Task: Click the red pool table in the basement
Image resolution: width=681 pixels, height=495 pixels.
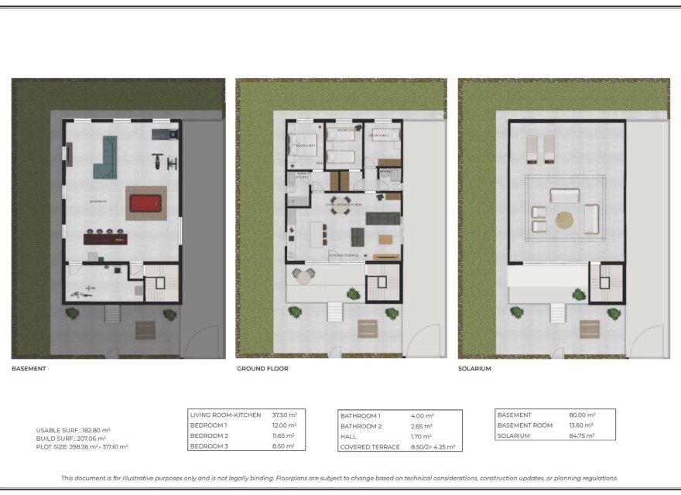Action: click(145, 203)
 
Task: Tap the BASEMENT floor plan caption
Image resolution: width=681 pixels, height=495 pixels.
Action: click(29, 369)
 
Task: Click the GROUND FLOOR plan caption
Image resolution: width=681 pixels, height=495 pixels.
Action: click(262, 369)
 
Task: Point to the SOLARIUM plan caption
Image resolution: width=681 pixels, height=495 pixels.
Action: click(474, 369)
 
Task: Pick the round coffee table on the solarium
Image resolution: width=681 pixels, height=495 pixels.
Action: click(565, 220)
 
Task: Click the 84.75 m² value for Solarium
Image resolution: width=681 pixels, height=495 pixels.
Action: click(580, 435)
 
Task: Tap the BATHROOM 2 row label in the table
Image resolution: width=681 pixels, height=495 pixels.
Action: click(361, 426)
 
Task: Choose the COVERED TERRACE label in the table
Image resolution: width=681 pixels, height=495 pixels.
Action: click(371, 446)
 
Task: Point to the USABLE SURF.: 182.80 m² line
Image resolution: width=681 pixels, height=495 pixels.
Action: click(73, 430)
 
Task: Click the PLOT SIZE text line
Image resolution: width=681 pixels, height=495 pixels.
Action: click(81, 446)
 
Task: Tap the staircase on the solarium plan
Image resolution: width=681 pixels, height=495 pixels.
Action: click(605, 283)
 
